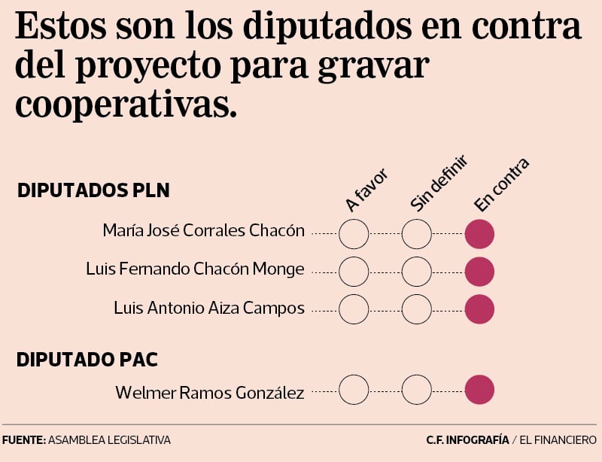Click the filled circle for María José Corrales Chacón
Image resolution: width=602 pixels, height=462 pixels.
(x=479, y=235)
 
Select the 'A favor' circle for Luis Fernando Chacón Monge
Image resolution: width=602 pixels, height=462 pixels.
(x=354, y=271)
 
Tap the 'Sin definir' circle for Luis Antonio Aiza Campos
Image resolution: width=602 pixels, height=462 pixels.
(x=417, y=309)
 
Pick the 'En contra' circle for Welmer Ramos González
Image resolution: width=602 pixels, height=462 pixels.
(x=479, y=390)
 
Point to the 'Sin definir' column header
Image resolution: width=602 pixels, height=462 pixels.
(x=439, y=183)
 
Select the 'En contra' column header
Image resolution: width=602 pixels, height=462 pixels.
(x=502, y=184)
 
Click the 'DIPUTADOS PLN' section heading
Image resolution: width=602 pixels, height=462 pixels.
(x=93, y=190)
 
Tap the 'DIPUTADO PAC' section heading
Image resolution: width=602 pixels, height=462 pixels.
(x=87, y=360)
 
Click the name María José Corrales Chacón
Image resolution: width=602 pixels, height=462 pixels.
(x=203, y=231)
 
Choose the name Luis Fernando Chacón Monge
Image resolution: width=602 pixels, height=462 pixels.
(x=195, y=269)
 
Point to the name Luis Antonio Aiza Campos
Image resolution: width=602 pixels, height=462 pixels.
(x=208, y=308)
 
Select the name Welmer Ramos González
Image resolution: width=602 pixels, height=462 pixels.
(x=209, y=392)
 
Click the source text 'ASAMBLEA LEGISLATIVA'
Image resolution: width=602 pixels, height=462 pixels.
(x=109, y=439)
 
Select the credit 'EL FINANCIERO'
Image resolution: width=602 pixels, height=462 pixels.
(x=559, y=439)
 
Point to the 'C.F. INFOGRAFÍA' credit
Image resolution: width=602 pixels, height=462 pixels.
(x=467, y=439)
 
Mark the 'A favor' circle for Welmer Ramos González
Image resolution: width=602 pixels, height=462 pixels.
(x=354, y=390)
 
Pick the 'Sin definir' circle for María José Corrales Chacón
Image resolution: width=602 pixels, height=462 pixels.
(x=417, y=235)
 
